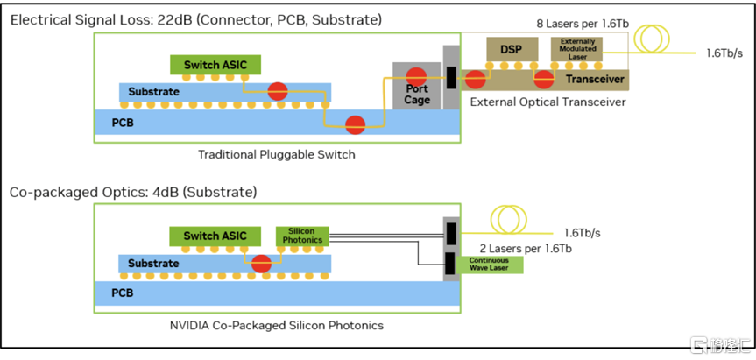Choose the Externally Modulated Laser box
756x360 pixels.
click(x=576, y=49)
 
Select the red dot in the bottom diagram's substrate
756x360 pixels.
click(x=260, y=263)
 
